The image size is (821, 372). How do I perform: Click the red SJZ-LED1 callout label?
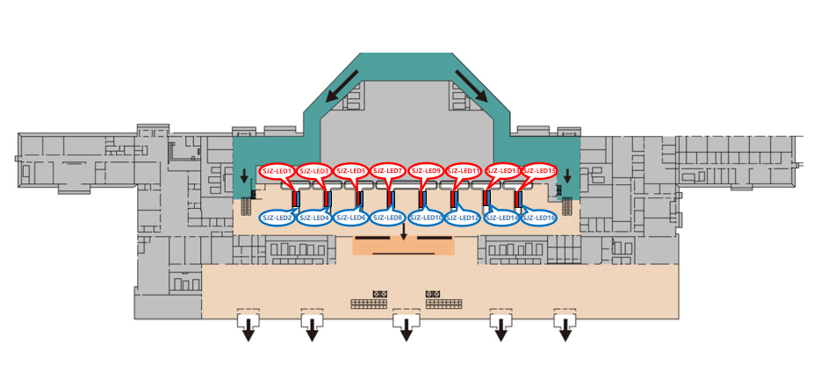point(277,170)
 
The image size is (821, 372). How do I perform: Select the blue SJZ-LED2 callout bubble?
point(277,217)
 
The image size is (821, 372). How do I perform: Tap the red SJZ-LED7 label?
point(387,170)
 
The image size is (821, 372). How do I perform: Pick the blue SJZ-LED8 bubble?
point(387,217)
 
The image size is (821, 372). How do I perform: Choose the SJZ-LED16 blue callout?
point(538,217)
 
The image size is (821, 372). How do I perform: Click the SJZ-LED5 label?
point(350,170)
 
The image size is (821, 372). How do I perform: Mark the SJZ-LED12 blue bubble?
point(463,217)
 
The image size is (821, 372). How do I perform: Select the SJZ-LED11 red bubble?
point(463,170)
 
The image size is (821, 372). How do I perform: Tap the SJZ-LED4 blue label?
point(314,217)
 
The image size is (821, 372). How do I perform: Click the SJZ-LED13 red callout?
point(501,170)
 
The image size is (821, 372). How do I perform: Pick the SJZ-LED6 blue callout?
point(350,217)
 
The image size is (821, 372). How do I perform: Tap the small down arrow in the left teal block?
point(245,179)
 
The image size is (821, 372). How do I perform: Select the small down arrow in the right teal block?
point(567,179)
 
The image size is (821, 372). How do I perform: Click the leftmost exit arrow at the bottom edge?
point(248,330)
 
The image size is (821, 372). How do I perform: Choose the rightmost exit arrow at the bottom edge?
point(565,330)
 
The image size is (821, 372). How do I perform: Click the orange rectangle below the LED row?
point(403,245)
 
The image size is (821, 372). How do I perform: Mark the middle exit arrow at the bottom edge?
point(406,330)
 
